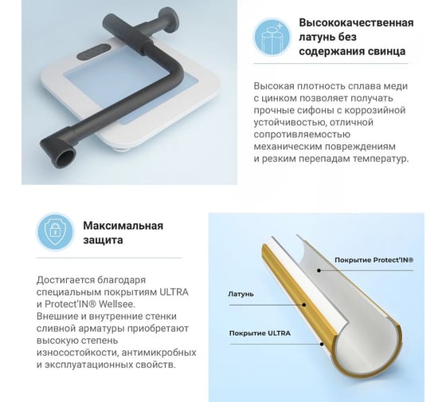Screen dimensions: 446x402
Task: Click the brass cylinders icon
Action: (x=272, y=37)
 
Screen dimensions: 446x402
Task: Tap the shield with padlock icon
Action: (x=56, y=232)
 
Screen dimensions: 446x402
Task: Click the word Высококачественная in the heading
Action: (x=356, y=22)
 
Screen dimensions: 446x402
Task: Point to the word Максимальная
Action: (x=123, y=226)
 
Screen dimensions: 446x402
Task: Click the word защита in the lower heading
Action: (x=103, y=240)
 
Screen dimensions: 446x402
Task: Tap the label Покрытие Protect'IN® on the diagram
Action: (x=374, y=260)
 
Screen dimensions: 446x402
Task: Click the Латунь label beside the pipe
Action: (x=241, y=294)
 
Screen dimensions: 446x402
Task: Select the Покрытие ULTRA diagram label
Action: (x=260, y=333)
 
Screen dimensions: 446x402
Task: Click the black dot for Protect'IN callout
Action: (x=319, y=270)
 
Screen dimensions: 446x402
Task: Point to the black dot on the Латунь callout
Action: (x=303, y=305)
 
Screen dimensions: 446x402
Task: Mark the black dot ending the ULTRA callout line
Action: (x=322, y=344)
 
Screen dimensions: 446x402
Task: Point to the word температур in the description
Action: (x=381, y=159)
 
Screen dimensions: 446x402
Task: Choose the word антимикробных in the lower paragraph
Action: (x=159, y=353)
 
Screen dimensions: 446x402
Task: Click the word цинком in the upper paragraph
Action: (x=276, y=98)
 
